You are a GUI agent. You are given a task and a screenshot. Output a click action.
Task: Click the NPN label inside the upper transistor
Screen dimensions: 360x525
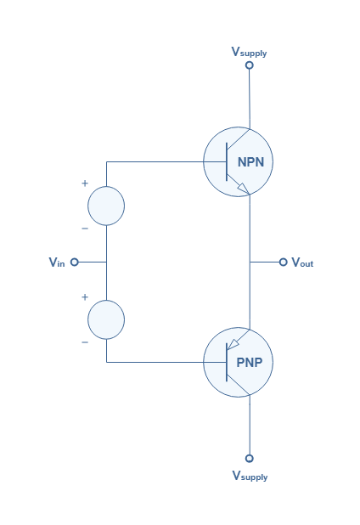coord(250,162)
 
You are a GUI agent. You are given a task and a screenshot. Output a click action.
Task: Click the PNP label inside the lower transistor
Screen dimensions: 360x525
coord(250,362)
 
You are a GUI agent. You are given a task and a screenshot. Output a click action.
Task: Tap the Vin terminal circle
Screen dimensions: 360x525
coord(74,262)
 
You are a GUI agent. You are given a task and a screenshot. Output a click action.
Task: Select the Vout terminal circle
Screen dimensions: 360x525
coord(283,262)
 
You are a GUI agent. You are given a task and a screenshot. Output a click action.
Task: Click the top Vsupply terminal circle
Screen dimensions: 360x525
coord(250,65)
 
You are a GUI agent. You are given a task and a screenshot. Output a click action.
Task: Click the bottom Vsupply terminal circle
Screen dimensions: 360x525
coord(250,458)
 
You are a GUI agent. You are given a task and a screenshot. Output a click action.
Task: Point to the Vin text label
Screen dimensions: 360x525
coord(57,262)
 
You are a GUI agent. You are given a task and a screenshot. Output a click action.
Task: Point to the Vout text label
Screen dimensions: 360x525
coord(302,262)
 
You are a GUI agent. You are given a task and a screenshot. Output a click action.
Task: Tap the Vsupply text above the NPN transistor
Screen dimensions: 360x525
coord(249,52)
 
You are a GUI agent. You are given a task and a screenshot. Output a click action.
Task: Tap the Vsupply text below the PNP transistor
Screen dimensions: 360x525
coord(250,476)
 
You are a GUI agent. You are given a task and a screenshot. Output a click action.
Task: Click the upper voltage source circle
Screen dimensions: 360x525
coord(106,187)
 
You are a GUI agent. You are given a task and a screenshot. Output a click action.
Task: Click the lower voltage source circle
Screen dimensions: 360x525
coord(106,301)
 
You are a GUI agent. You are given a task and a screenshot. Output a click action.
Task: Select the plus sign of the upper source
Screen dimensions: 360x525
coord(85,183)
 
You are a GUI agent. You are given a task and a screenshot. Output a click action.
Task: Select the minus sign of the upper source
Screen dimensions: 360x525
coord(85,229)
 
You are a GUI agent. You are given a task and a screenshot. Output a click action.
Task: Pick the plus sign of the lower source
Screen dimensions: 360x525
coord(85,297)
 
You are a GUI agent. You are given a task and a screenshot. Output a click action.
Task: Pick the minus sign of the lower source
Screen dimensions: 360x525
coord(85,342)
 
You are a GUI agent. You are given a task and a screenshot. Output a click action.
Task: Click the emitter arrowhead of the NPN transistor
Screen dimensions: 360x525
coord(244,189)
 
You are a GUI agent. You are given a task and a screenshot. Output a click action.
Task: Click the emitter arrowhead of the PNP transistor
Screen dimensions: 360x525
coord(233,345)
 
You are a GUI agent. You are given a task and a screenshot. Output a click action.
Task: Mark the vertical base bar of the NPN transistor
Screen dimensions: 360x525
coord(227,161)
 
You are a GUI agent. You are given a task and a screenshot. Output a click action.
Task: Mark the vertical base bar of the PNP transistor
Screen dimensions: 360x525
coord(227,362)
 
